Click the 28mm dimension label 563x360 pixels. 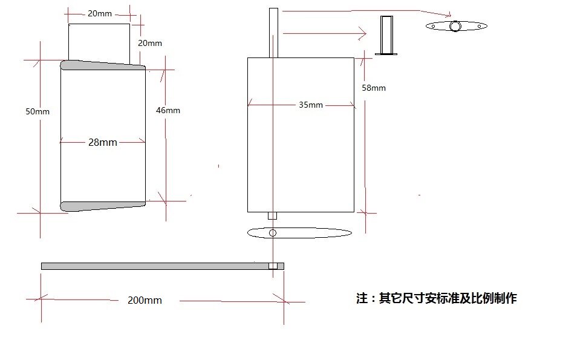tap(103, 143)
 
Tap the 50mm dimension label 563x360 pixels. tap(37, 111)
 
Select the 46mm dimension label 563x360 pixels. tap(168, 110)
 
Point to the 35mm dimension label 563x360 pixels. tap(311, 105)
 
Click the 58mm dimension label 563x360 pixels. tap(374, 88)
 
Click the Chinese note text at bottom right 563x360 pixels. tap(436, 298)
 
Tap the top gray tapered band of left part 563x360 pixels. tap(103, 66)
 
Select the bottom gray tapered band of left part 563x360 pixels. tap(103, 206)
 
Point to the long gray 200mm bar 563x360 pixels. tap(151, 266)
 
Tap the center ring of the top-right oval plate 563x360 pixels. tap(455, 25)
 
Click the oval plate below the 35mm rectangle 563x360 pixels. tap(299, 233)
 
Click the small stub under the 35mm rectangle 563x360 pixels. tap(273, 215)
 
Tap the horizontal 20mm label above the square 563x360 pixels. tap(99, 13)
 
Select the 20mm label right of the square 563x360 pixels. tap(150, 43)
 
